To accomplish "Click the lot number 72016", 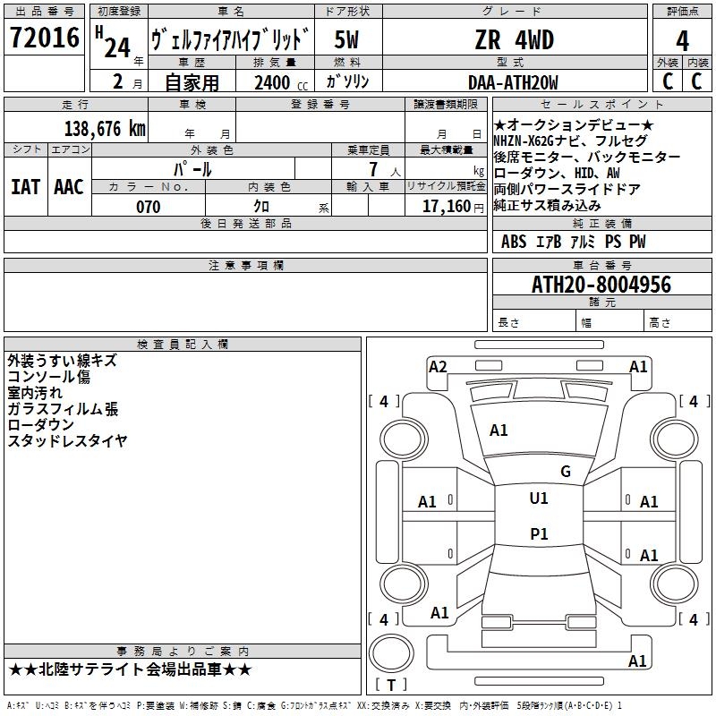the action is point(44,39).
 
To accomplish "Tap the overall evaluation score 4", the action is point(682,40).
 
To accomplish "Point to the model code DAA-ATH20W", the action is point(513,82).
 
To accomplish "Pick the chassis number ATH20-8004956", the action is point(601,285).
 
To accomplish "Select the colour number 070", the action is point(148,207).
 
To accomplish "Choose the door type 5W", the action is point(347,40).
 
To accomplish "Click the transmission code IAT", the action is point(25,187).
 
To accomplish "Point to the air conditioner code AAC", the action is point(69,187).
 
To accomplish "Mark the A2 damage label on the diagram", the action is point(438,366).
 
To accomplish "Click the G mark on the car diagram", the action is point(565,472).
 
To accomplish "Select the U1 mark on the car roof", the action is point(538,499).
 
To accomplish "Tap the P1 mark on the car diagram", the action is point(538,534).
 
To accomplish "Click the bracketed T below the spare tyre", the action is point(390,685).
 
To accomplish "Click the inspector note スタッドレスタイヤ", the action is point(67,440).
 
